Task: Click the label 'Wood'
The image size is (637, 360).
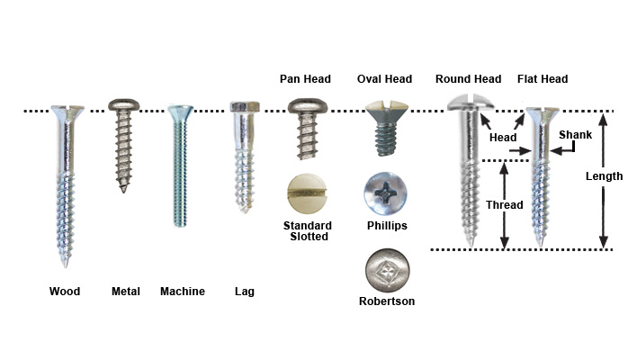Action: (x=65, y=292)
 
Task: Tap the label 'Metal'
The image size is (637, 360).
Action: (x=125, y=292)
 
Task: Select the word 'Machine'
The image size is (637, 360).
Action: (x=183, y=292)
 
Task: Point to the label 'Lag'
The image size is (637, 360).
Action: (x=244, y=292)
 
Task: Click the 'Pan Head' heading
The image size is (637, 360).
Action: (x=307, y=79)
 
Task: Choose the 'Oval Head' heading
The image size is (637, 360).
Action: (x=384, y=79)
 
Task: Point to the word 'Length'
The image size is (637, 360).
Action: (x=604, y=176)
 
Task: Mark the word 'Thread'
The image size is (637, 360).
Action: (x=505, y=205)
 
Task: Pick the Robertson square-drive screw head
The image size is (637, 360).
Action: (x=386, y=271)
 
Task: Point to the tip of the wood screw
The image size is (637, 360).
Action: (x=66, y=265)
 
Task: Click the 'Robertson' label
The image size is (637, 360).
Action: (x=387, y=301)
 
